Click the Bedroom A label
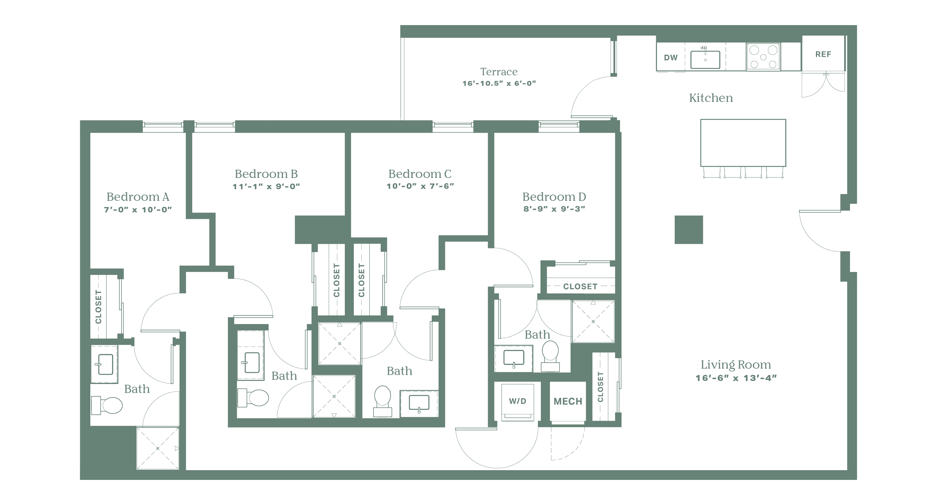pos(138,197)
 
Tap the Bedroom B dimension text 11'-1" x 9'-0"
pos(266,186)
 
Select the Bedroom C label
pos(420,174)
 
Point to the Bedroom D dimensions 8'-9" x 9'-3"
pos(554,209)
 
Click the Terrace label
pos(499,72)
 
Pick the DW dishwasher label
pos(671,58)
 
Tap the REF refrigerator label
pos(823,54)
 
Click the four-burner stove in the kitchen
pos(763,57)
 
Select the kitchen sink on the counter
pos(705,59)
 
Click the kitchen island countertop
pos(743,142)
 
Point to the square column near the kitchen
pos(689,230)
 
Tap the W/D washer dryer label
pos(518,401)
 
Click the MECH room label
pos(568,402)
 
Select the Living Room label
pos(736,365)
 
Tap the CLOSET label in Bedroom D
pos(580,287)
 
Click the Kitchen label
pos(711,98)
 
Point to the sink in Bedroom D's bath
pos(513,359)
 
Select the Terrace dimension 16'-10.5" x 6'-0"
pos(499,83)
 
